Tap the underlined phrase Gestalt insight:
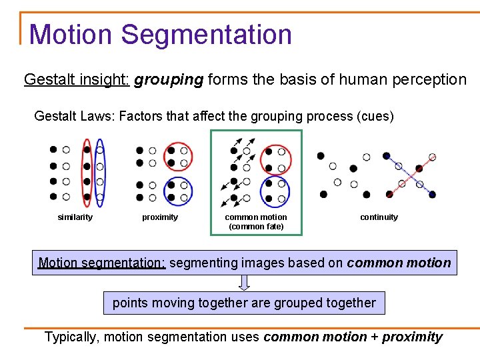point(77,80)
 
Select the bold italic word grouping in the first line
point(169,80)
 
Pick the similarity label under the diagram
point(75,217)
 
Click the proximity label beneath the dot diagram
point(160,217)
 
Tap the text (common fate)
point(256,227)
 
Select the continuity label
point(379,217)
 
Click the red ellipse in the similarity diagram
point(86,173)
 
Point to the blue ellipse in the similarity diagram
point(100,173)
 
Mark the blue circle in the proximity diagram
point(178,191)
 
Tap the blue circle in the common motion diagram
point(275,191)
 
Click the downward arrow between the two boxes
point(245,283)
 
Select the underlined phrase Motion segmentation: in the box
point(101,263)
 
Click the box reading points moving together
point(244,303)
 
